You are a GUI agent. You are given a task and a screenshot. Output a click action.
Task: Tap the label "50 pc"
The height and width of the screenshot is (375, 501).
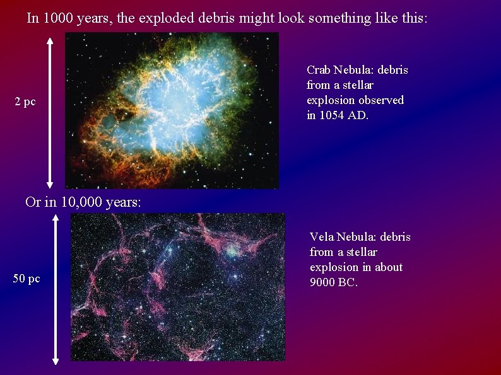[27, 279]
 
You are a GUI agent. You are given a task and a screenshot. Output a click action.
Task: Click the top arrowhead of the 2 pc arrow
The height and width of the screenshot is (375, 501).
[50, 38]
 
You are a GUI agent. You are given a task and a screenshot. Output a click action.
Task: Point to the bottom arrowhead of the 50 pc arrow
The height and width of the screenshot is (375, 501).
[56, 361]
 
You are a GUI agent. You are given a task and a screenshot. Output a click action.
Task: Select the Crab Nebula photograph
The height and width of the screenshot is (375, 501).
[172, 110]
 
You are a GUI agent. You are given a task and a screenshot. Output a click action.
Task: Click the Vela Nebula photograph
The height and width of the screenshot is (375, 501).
[178, 287]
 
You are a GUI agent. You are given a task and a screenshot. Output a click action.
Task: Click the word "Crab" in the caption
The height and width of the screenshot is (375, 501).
[319, 70]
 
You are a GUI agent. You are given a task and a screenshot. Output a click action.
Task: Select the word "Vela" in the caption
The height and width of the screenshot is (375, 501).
[322, 237]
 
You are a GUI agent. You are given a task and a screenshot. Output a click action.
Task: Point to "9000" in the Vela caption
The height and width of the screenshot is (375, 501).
[322, 282]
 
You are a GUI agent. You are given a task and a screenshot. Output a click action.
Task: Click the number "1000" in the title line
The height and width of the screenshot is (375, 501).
[57, 18]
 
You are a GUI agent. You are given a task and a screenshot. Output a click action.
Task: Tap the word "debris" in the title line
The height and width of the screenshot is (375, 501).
[212, 18]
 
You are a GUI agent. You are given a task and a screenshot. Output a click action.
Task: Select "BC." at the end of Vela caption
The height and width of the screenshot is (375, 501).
[348, 282]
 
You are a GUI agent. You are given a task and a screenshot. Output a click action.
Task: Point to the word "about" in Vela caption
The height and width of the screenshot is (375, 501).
[388, 267]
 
